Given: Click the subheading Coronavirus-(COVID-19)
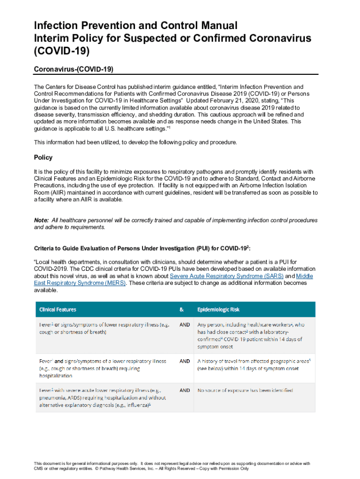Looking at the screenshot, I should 74,69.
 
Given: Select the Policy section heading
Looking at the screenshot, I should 43,158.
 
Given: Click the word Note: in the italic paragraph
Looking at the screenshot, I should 41,220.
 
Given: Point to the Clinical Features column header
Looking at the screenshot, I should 58,310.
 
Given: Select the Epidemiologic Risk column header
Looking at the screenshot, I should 218,310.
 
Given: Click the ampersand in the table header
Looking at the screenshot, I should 182,310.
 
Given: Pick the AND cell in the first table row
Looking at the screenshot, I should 185,325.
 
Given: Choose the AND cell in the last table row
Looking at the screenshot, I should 185,390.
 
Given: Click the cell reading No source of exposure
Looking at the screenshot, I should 245,390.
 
